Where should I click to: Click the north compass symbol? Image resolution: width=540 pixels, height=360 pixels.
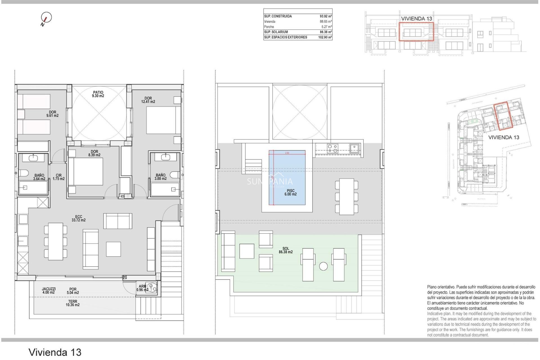point(46,18)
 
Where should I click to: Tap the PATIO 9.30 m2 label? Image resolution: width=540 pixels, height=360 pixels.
point(98,94)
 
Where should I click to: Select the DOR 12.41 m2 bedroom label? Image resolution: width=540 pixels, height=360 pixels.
point(148,100)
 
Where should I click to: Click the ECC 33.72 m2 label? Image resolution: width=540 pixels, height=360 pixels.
point(78,219)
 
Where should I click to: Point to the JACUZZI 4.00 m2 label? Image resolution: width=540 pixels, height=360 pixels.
point(49,291)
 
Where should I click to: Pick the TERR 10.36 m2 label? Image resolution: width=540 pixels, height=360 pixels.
point(73,303)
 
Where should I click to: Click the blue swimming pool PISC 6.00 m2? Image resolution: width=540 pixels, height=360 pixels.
point(287,178)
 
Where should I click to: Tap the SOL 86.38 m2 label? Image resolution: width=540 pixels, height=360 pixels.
point(285,250)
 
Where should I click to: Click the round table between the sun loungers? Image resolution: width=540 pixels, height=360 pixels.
point(323,266)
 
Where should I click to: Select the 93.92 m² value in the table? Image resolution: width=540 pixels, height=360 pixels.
point(325,16)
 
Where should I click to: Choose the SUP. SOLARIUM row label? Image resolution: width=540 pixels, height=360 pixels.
point(276,32)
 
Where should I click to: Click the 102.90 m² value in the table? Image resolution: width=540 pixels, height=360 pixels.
point(325,37)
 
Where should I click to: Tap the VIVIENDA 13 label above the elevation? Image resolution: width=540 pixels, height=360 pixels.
point(416,19)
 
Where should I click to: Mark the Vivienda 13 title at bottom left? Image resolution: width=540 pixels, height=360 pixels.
point(55,352)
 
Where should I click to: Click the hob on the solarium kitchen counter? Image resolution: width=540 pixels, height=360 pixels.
point(332,148)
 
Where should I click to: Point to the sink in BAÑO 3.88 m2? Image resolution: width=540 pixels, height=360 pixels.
point(165,157)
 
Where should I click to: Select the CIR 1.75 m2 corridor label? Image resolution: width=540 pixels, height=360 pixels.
point(58,177)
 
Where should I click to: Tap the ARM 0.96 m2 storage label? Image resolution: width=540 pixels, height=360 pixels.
point(142,288)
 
